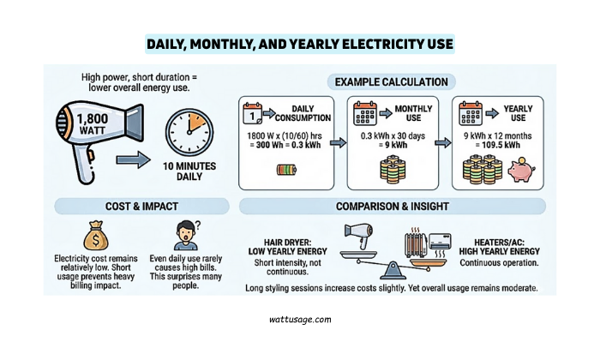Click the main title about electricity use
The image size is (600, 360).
coord(299,44)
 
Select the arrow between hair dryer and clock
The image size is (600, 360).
coord(130,159)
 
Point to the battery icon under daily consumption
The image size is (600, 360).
coord(285,170)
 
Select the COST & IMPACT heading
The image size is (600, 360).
coord(141,206)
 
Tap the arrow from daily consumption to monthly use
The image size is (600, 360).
coord(335,134)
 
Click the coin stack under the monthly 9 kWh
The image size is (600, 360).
coord(391,169)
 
